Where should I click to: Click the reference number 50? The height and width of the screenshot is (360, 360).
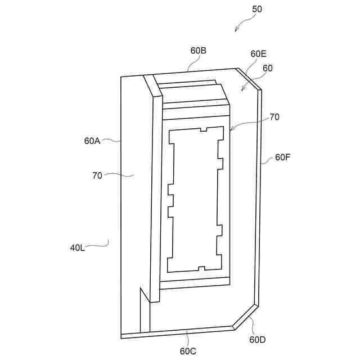[x=256, y=9]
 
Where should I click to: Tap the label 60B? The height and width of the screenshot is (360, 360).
[x=198, y=51]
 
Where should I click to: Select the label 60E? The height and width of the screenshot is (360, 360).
[x=258, y=54]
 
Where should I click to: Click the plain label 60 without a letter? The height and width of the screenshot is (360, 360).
[x=268, y=68]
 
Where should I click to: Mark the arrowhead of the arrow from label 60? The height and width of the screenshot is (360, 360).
[x=241, y=90]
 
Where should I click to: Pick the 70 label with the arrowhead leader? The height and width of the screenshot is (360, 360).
[x=274, y=117]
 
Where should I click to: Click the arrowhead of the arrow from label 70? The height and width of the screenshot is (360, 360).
[x=230, y=131]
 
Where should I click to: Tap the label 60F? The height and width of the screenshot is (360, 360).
[x=283, y=157]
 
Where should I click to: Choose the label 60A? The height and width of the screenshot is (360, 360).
[x=92, y=141]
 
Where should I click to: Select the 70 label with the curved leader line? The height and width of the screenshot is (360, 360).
[x=97, y=175]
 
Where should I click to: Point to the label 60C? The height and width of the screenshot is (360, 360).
[x=188, y=351]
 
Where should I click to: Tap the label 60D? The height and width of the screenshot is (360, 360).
[x=258, y=339]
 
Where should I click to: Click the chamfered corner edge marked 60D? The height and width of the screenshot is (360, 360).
[x=246, y=316]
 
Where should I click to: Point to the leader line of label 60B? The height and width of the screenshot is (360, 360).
[x=191, y=64]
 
